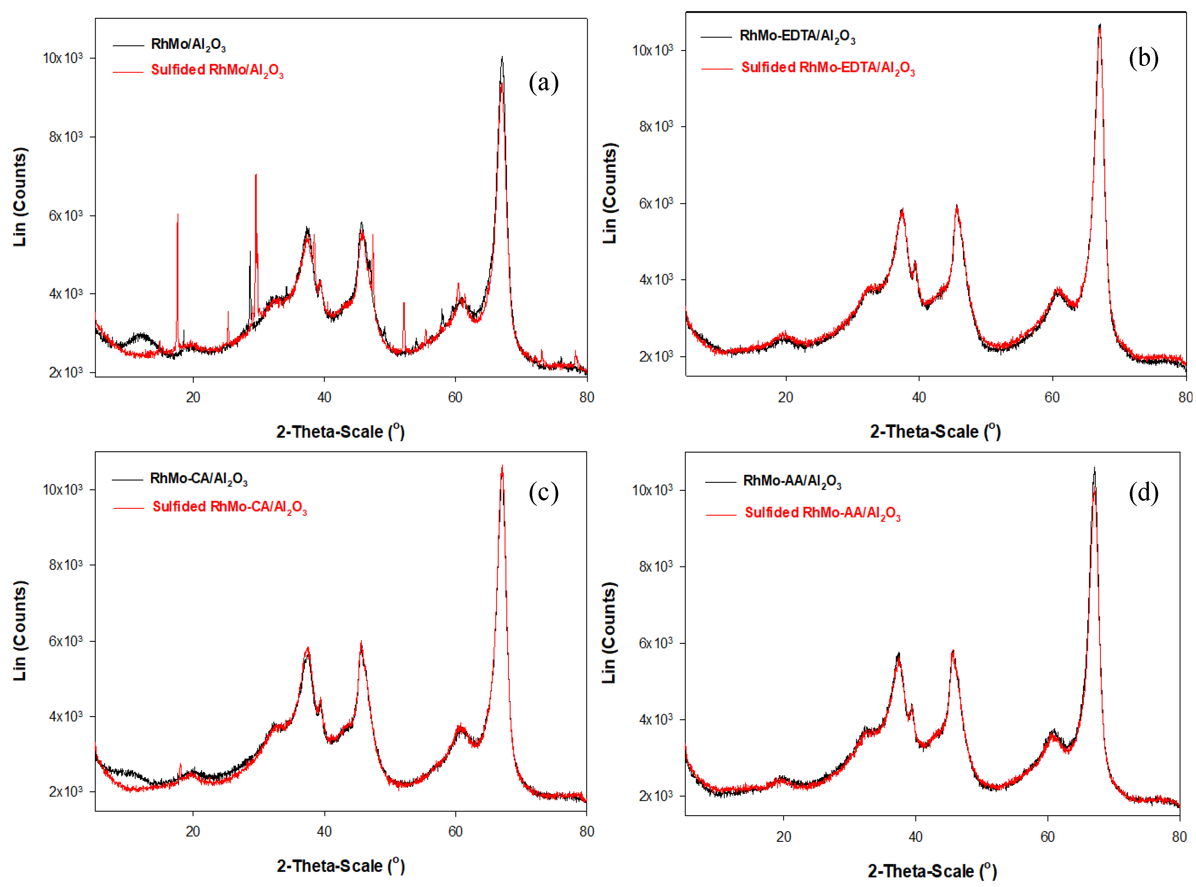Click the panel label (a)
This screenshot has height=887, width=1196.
pyautogui.click(x=543, y=83)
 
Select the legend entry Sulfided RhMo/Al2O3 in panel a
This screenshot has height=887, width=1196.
pyautogui.click(x=217, y=70)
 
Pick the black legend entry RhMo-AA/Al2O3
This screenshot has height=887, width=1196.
pyautogui.click(x=792, y=481)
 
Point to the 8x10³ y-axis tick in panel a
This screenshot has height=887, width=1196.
pyautogui.click(x=66, y=137)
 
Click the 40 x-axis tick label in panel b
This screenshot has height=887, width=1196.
pyautogui.click(x=918, y=397)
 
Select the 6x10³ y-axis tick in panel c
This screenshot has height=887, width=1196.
pyautogui.click(x=66, y=641)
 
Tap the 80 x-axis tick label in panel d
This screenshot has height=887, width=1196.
pyautogui.click(x=1179, y=836)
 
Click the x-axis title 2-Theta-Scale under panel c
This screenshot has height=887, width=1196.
pyautogui.click(x=340, y=866)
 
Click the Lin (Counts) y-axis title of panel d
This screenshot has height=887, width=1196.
pyautogui.click(x=609, y=633)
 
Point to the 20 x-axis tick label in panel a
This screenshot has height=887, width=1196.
pyautogui.click(x=193, y=397)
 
